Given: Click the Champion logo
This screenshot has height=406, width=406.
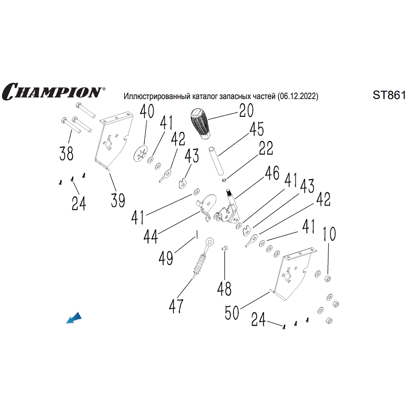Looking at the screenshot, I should pyautogui.click(x=52, y=91).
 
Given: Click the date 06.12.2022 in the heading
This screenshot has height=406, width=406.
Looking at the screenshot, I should pyautogui.click(x=297, y=96).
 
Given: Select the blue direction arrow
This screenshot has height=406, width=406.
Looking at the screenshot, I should pyautogui.click(x=74, y=318).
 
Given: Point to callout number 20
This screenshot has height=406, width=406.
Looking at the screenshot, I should pyautogui.click(x=246, y=111).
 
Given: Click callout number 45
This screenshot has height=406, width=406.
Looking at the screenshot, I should pyautogui.click(x=256, y=130).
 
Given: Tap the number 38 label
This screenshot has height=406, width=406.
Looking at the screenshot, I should pyautogui.click(x=66, y=153).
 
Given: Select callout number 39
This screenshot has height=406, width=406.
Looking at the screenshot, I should pyautogui.click(x=118, y=200).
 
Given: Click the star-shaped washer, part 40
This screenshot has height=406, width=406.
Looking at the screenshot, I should pyautogui.click(x=141, y=154).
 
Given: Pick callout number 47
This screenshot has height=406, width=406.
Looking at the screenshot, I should pyautogui.click(x=176, y=305).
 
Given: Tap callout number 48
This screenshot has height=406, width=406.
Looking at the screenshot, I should pyautogui.click(x=224, y=289).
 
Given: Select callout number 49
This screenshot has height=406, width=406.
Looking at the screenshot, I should pyautogui.click(x=166, y=259).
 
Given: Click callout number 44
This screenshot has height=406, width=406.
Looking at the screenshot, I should pyautogui.click(x=151, y=237).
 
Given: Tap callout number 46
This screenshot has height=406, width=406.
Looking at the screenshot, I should pyautogui.click(x=272, y=173).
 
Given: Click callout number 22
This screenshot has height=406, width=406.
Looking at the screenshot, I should pyautogui.click(x=266, y=148).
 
